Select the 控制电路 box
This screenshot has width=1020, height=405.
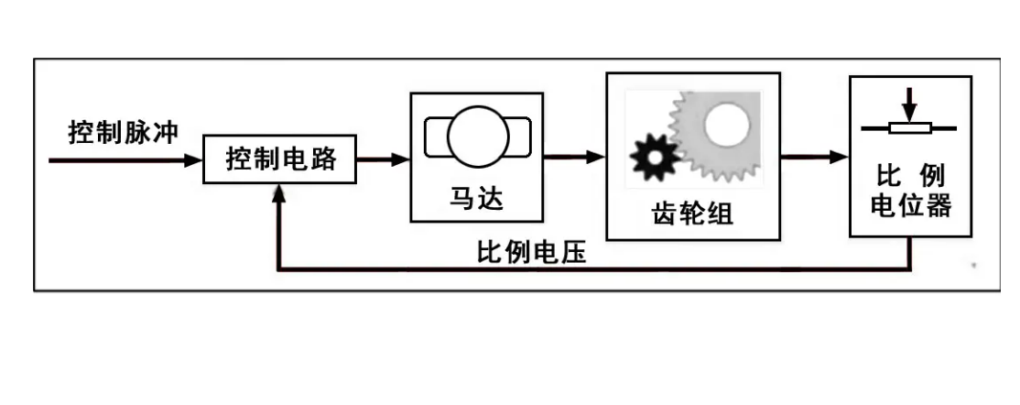tap(281, 159)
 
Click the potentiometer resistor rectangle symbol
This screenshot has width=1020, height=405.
tap(908, 128)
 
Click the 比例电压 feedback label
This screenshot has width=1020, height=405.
tap(532, 251)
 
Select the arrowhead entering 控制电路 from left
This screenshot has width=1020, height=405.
tap(193, 160)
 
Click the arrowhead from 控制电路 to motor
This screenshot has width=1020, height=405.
tap(400, 159)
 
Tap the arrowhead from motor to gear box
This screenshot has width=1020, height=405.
tap(596, 158)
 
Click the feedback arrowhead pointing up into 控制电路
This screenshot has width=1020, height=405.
tap(278, 192)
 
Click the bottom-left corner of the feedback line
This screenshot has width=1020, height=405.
tap(278, 269)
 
